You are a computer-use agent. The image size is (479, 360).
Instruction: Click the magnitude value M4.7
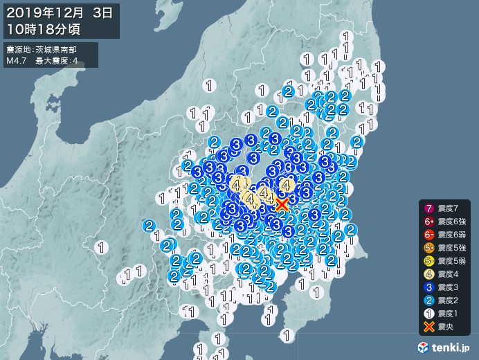[x=17, y=61]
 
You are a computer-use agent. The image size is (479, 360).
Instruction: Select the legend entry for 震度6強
[x=454, y=221]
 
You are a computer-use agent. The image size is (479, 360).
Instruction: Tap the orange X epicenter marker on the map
[x=282, y=204]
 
